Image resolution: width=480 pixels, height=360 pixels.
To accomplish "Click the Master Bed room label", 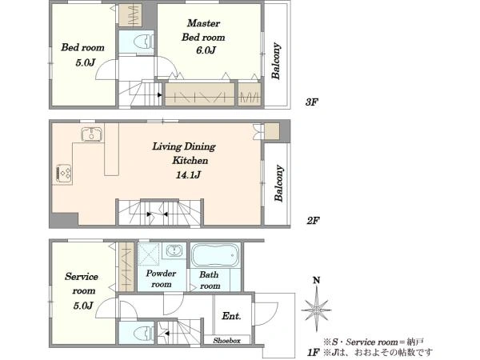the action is (x=203, y=30).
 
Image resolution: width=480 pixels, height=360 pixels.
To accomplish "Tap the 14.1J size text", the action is (x=188, y=174).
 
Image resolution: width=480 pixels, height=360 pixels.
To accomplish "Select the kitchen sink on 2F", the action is (x=91, y=134).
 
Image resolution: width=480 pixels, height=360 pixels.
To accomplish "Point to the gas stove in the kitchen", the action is (x=63, y=174).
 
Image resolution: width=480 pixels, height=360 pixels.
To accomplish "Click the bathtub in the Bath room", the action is (x=215, y=255).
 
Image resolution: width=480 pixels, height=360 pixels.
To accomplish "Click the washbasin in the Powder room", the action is (x=174, y=250).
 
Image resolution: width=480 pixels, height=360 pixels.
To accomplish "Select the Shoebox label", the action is (x=227, y=341).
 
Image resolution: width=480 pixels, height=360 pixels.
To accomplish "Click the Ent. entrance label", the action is (x=231, y=316).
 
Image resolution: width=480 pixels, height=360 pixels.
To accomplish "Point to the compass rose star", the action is (x=316, y=310).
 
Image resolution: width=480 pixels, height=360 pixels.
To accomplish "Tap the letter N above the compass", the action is (x=317, y=280).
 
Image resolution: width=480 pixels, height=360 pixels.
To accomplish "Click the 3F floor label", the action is (x=312, y=102).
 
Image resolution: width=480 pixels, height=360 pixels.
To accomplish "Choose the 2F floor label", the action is (x=313, y=220).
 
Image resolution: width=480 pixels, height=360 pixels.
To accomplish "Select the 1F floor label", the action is (x=314, y=352).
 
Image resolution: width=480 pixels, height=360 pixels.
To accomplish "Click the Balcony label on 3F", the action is (x=275, y=61).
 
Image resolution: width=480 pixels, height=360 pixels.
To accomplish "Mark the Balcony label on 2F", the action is (x=278, y=183).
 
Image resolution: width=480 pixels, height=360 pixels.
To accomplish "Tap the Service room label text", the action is (x=82, y=283).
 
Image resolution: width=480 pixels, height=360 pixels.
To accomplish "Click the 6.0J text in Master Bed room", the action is (x=206, y=50).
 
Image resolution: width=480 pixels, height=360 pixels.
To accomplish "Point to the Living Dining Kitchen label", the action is (x=184, y=153).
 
